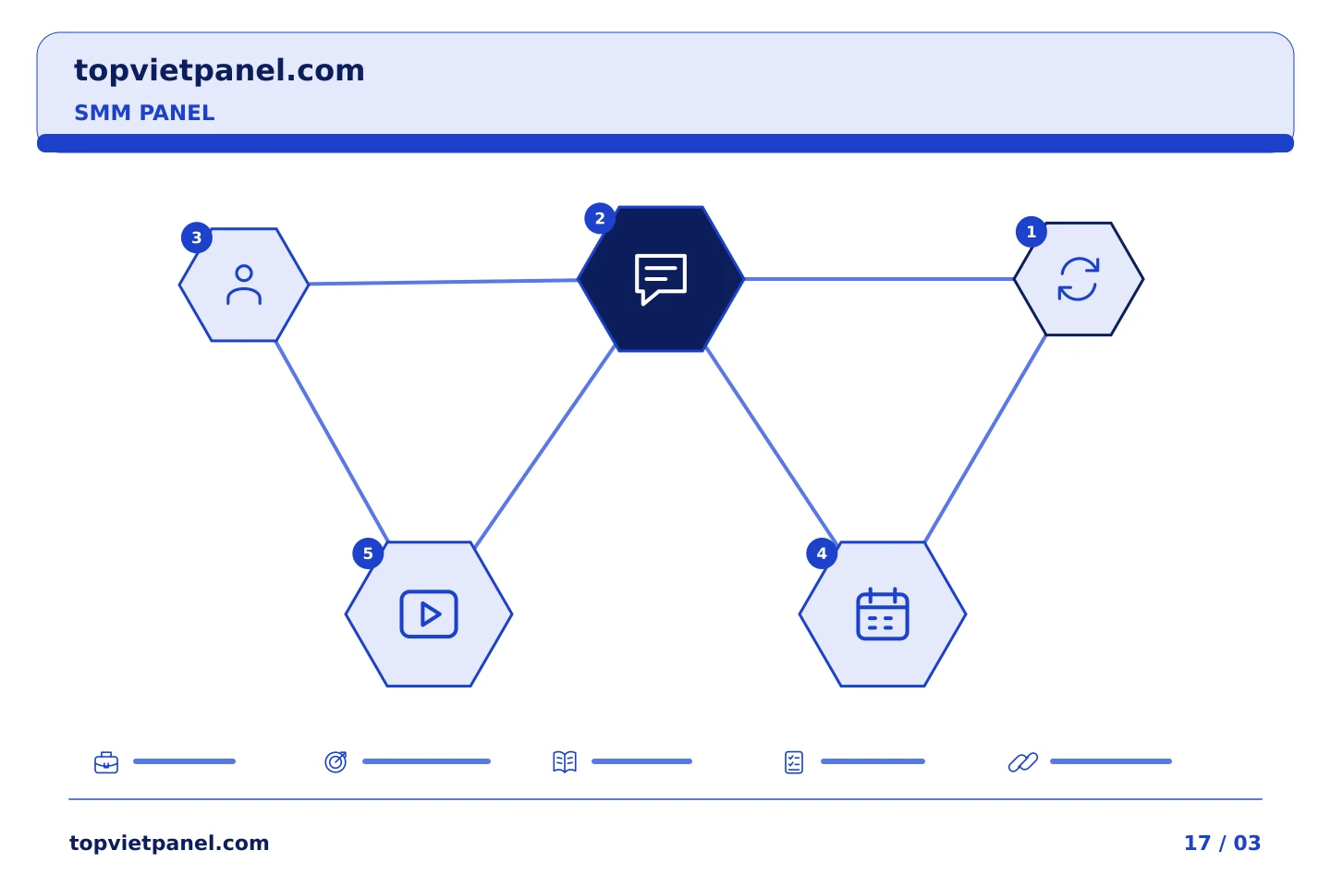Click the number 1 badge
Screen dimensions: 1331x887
tap(1031, 232)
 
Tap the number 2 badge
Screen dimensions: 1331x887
tap(600, 218)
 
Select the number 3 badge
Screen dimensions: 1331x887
tap(197, 237)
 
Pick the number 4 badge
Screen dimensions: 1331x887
tap(822, 553)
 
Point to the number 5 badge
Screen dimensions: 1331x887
tap(368, 553)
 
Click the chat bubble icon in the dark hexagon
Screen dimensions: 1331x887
tap(660, 278)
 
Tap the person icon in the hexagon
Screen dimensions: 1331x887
tap(244, 285)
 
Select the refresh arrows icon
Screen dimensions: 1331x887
tap(1079, 279)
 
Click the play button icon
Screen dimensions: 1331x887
tap(429, 614)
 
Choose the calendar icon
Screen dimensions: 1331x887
tap(883, 614)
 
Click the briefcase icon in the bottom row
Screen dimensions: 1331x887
tap(106, 762)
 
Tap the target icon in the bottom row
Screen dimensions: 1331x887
tap(336, 761)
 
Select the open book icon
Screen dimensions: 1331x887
tap(565, 761)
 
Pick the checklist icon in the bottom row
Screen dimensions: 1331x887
tap(794, 762)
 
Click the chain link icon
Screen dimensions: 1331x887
tap(1023, 762)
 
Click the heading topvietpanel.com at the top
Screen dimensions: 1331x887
tap(219, 71)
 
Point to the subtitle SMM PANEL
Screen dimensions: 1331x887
tap(144, 113)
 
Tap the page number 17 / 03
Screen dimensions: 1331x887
tap(1222, 843)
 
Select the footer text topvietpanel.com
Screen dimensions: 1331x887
tap(169, 843)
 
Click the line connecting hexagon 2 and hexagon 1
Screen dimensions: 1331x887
tap(879, 279)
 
